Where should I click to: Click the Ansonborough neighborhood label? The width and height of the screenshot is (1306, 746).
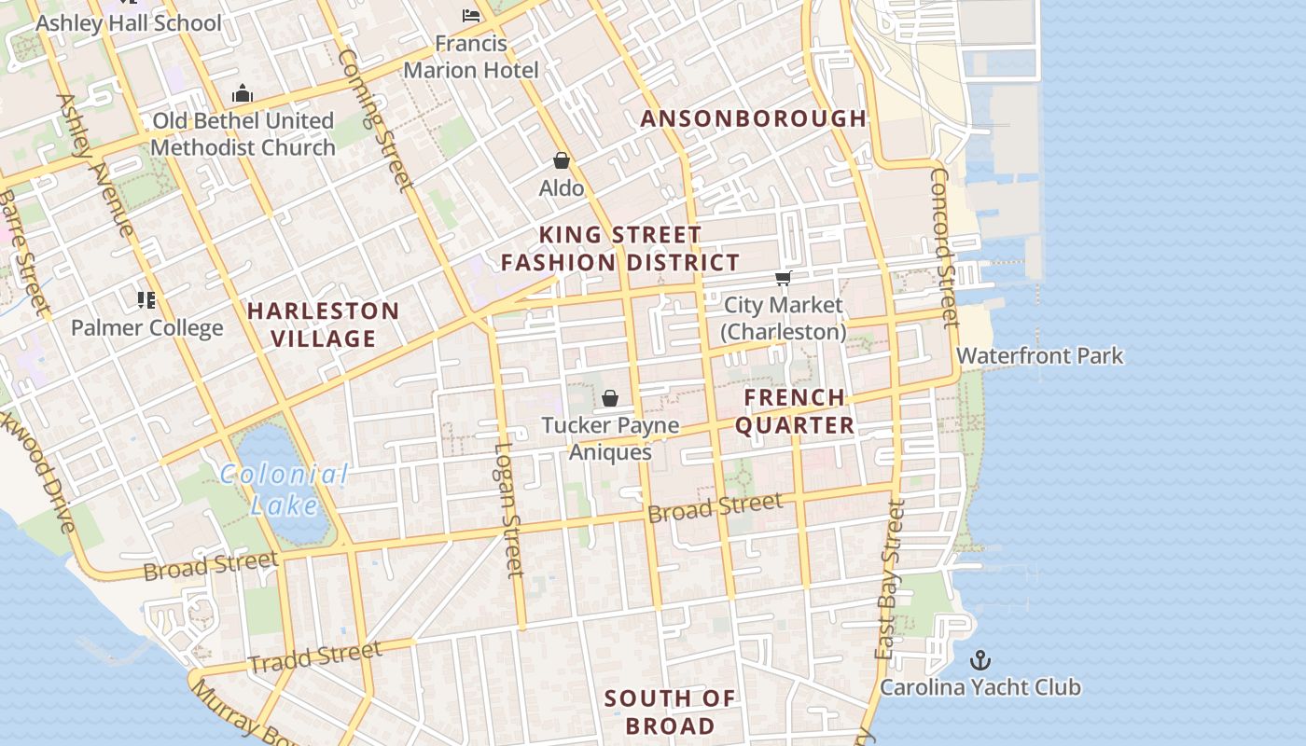pos(754,118)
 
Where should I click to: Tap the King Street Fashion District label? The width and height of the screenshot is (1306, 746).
pos(620,249)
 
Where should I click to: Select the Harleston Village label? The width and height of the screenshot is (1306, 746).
pos(323,325)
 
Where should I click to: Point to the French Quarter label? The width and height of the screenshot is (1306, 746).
pos(795,411)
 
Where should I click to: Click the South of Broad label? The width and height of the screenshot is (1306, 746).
pos(670,711)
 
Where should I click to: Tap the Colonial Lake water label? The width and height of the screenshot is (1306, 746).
pos(285,490)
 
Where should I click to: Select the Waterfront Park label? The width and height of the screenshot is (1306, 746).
pos(1039,356)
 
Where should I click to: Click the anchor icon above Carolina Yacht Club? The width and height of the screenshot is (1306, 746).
pos(979,660)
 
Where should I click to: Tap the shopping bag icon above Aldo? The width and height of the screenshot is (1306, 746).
pos(562,160)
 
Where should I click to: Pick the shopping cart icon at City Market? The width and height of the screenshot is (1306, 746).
pos(784,278)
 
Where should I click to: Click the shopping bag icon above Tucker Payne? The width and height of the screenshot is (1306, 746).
pos(610,398)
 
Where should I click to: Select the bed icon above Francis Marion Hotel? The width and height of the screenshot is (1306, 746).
pos(471,16)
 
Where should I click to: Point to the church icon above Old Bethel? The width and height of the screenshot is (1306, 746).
pos(243,93)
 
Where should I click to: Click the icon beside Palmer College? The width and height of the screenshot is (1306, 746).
pos(146,299)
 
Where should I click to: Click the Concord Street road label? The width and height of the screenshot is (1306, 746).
pos(944,247)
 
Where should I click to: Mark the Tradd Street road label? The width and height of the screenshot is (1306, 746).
pos(315,656)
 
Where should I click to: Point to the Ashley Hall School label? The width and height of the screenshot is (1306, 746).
pos(129,23)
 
